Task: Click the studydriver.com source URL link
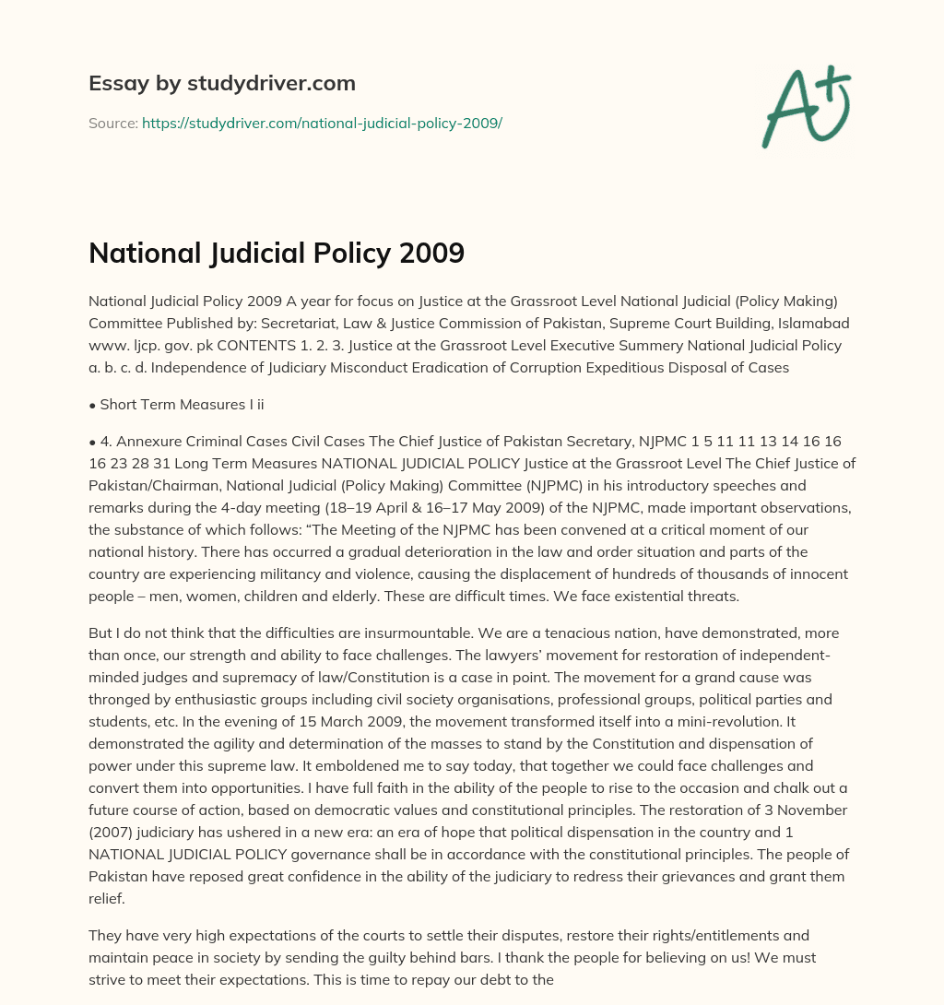(x=322, y=123)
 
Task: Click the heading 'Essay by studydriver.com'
(x=221, y=83)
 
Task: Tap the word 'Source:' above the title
(x=112, y=123)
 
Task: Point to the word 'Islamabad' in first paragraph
(x=817, y=324)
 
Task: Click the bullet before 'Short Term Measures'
(x=92, y=405)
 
